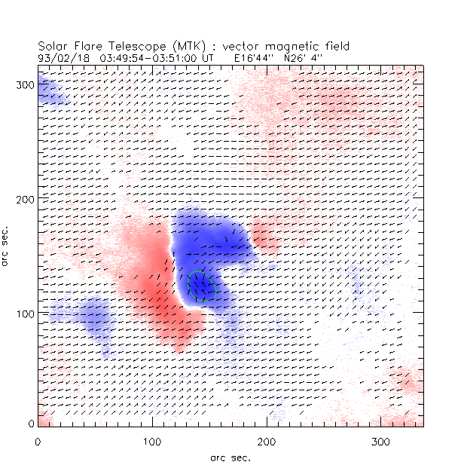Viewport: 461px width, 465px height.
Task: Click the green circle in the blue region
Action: click(201, 286)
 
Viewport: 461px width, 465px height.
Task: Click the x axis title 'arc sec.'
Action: click(230, 456)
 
